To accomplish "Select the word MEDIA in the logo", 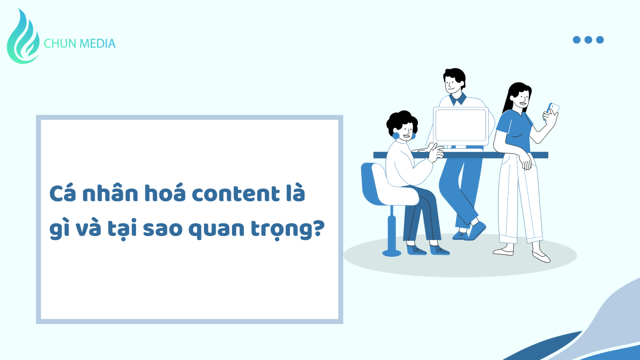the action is click(x=98, y=44).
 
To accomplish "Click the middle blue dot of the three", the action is click(x=588, y=40).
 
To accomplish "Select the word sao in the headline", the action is click(x=162, y=229).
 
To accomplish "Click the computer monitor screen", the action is click(x=460, y=126).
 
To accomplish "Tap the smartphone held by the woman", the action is click(x=552, y=111).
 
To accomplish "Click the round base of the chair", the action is click(x=392, y=253).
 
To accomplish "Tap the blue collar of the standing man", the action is click(x=458, y=99).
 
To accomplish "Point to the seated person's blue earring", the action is click(x=396, y=136).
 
